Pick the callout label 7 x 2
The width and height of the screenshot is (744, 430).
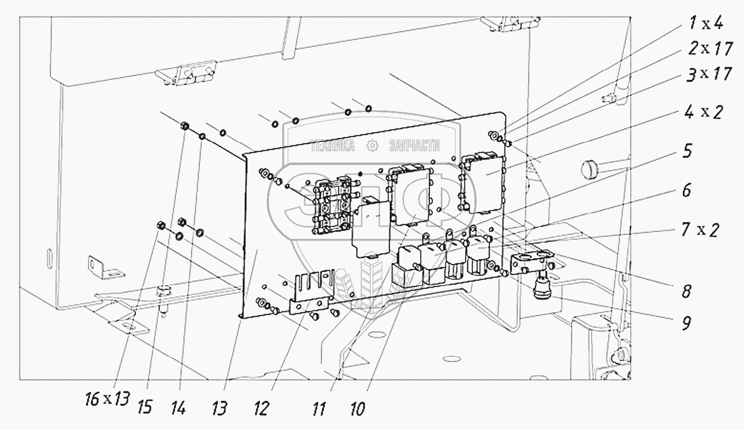[x=699, y=231]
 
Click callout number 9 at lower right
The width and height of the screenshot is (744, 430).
[x=685, y=323]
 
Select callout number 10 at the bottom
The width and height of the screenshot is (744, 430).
[x=357, y=410]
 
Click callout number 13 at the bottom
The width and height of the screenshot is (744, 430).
[x=220, y=410]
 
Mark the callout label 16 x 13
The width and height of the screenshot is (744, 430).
[x=107, y=399]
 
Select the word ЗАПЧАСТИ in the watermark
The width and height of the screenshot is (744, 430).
[x=414, y=145]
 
